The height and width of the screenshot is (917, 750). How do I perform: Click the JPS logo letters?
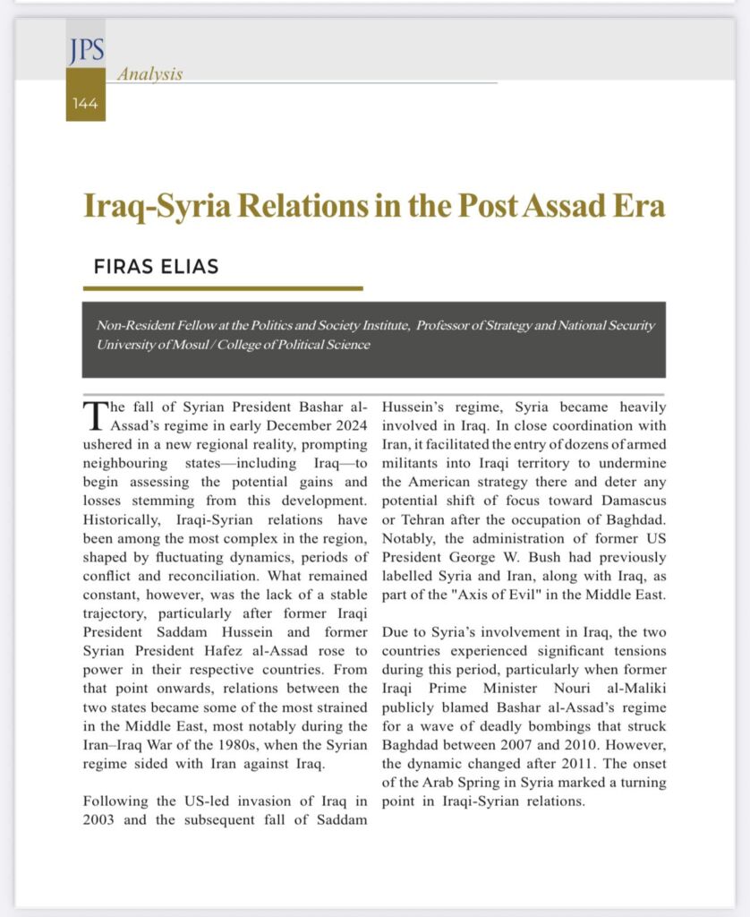[85, 52]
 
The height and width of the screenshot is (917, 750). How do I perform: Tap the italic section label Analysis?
[149, 74]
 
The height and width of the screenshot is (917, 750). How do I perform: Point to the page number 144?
[85, 104]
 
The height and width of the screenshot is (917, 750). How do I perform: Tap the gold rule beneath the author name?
[223, 288]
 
